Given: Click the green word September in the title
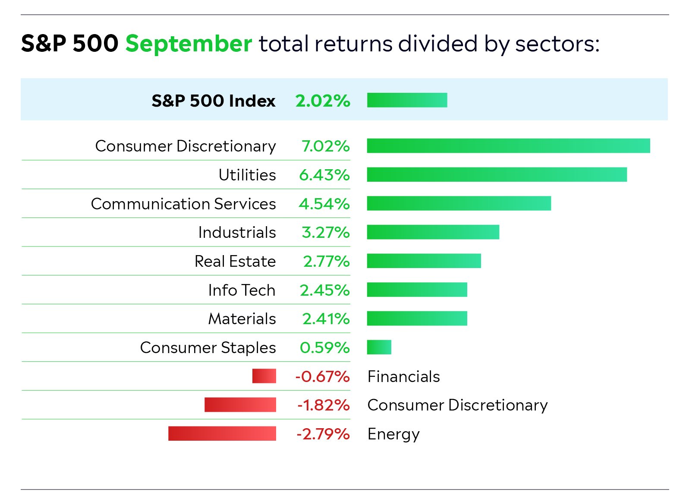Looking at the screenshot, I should click(189, 44).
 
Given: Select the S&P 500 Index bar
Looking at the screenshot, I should click(407, 100).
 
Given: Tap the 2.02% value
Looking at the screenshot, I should click(323, 101).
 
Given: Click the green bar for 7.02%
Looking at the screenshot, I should click(508, 146).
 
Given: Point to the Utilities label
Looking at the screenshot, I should click(247, 175).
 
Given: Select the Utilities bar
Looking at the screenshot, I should click(497, 175).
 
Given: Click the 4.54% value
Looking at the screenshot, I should click(324, 204).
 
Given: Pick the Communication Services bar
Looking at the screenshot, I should click(459, 203).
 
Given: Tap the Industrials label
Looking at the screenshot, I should click(237, 232).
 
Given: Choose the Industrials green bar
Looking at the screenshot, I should click(433, 232).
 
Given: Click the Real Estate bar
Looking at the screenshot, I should click(424, 261).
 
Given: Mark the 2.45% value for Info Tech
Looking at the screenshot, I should click(324, 290).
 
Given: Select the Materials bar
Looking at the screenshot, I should click(417, 319).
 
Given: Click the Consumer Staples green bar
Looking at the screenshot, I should click(379, 347).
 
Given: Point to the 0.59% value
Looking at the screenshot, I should click(324, 347).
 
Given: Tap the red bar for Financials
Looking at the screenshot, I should click(264, 376).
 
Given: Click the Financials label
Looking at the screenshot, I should click(403, 376).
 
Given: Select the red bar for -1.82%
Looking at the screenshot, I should click(240, 405).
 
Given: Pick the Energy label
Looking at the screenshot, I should click(393, 434).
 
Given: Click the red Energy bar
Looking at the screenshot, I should click(222, 433).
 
